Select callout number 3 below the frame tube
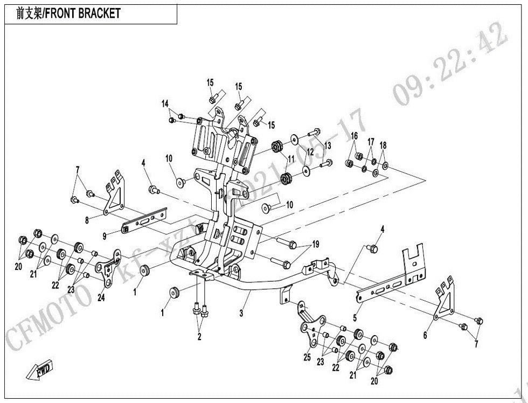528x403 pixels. (x=242, y=312)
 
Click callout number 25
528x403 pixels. (x=308, y=358)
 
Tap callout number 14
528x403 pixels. (x=165, y=103)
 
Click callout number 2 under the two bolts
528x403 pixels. (x=199, y=337)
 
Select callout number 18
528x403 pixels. (x=383, y=145)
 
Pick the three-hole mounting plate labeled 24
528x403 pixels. (x=109, y=267)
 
